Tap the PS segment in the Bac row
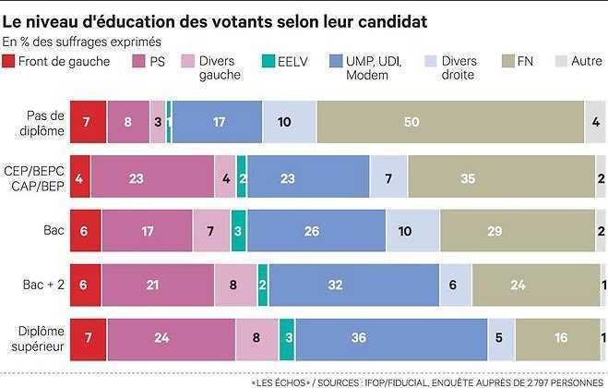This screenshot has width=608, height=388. click(147, 230)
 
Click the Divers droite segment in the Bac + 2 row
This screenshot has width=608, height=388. click(454, 285)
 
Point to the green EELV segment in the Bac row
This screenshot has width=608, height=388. click(238, 230)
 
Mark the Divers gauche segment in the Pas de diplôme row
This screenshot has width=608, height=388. click(157, 121)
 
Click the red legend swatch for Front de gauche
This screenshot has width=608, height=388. click(9, 62)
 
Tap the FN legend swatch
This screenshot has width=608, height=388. click(504, 62)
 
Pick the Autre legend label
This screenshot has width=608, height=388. click(587, 62)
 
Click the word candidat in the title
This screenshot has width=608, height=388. click(387, 20)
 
